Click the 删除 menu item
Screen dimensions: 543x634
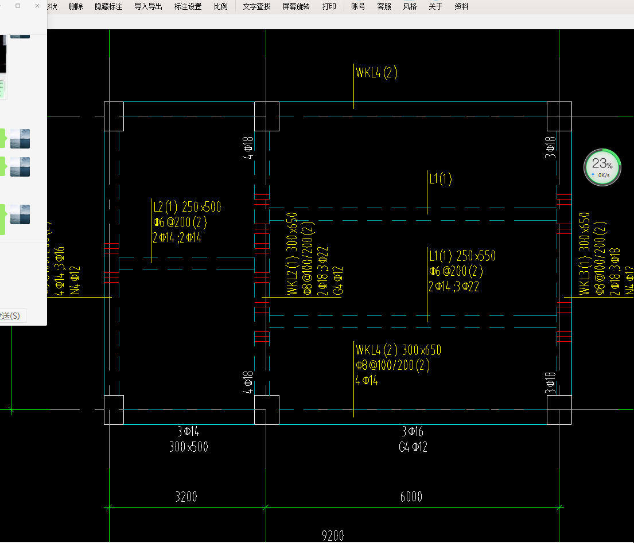coord(76,6)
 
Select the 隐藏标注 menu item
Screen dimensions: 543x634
coord(108,6)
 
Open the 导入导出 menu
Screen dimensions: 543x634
coord(148,6)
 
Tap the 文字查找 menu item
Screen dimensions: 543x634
coord(256,6)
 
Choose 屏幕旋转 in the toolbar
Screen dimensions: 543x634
coord(296,6)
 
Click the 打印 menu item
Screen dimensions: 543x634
coord(329,6)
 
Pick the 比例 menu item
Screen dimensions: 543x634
coord(220,6)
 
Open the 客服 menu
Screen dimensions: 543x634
coord(384,6)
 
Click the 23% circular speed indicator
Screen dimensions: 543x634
coord(602,167)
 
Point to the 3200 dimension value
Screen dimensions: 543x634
coord(185,497)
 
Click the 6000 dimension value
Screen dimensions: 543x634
coord(411,497)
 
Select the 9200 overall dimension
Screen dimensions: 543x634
coord(333,536)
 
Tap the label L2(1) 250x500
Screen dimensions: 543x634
coord(187,207)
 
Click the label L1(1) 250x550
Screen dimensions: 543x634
coord(462,256)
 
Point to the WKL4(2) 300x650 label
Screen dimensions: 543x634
coord(398,350)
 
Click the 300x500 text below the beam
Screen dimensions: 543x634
coord(189,447)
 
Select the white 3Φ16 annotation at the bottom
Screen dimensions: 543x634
coord(413,432)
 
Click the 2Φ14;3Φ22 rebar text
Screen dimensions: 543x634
coord(453,287)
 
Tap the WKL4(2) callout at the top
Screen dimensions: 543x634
coord(376,73)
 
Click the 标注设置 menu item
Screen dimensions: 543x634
coord(188,6)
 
